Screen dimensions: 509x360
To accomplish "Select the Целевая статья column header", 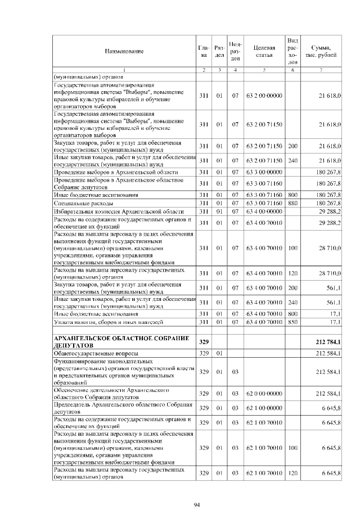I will (263, 51).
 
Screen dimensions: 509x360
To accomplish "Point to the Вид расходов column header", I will (292, 51).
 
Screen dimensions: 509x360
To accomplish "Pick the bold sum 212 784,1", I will (328, 342).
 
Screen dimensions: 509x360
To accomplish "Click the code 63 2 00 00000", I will (263, 96).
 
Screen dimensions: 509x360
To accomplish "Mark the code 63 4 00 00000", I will (263, 211).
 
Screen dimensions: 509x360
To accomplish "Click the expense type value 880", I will (292, 202).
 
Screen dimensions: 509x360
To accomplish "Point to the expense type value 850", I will (292, 322).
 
